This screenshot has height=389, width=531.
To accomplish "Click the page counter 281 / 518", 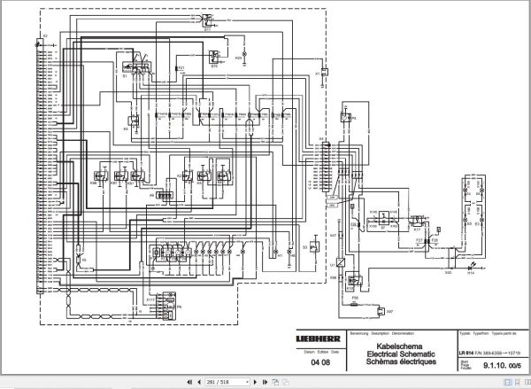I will [218, 381].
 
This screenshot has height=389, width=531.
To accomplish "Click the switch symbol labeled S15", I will [215, 56].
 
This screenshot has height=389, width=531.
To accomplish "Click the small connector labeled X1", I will [325, 70].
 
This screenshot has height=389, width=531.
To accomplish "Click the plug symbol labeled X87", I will [381, 311].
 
